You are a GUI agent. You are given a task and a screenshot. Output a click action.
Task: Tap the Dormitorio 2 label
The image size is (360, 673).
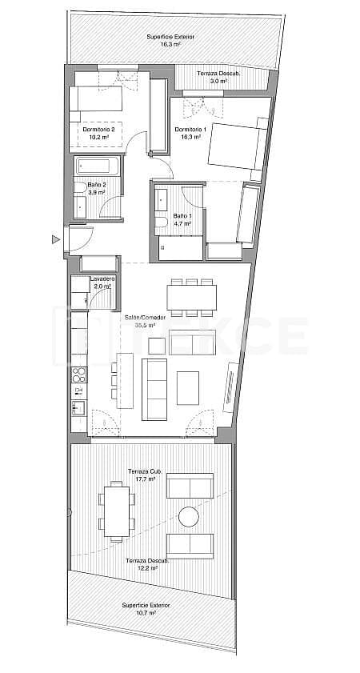98,130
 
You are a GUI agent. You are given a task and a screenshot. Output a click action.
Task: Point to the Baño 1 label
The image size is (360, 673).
182,216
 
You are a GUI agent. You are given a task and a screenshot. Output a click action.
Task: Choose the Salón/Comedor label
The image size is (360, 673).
139,317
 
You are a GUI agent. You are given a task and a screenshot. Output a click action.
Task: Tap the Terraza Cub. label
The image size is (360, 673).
145,471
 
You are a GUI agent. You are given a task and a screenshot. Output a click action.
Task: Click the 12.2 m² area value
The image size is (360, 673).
145,567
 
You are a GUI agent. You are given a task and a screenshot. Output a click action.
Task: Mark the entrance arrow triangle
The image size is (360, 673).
55,238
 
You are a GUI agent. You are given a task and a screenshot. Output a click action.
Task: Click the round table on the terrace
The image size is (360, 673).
189,517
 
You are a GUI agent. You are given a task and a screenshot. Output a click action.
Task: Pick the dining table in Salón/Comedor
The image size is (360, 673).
192,297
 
